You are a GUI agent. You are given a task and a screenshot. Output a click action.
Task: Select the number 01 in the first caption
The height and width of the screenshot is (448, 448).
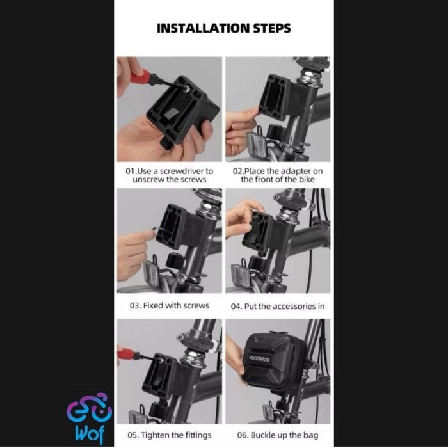130,171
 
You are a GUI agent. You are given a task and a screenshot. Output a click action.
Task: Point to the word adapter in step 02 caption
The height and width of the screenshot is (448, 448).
296,171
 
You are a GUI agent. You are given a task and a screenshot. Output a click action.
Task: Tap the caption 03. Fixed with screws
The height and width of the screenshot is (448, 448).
169,305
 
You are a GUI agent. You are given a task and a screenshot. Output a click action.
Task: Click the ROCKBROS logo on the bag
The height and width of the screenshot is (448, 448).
259,358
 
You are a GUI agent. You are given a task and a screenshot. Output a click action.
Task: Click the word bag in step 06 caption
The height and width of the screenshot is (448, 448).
310,436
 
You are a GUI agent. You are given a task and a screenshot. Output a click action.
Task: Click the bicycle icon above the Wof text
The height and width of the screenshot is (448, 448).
90,408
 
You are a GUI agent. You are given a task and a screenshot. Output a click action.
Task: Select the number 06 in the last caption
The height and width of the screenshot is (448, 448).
242,435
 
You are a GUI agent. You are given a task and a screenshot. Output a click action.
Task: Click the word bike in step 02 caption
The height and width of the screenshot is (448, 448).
307,179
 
